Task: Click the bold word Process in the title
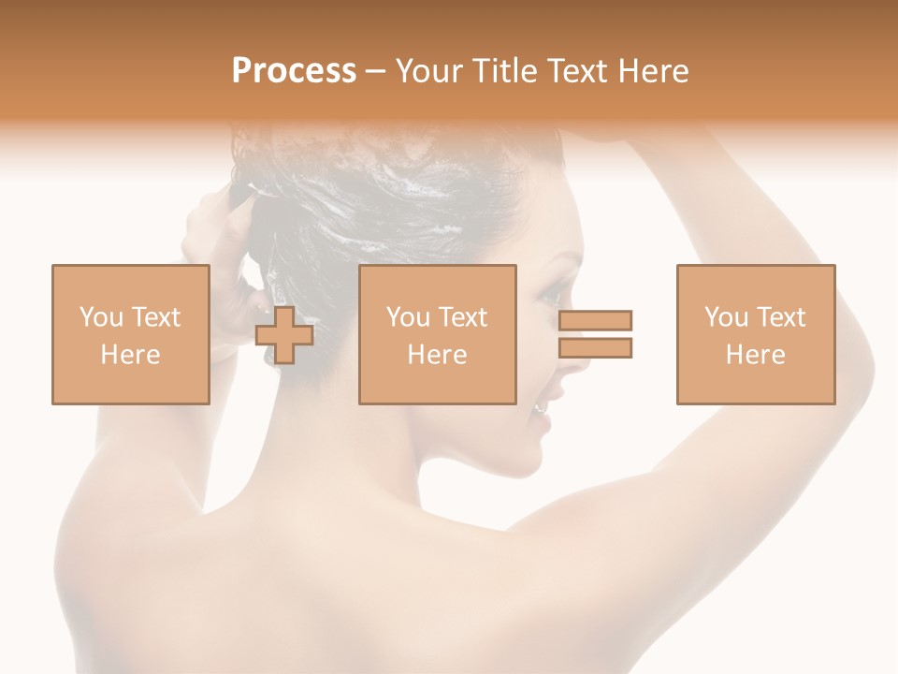294,71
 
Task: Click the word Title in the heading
504,71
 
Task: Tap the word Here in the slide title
652,71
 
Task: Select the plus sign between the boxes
284,334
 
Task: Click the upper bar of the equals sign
595,320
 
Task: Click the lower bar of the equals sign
595,348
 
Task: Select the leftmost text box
131,334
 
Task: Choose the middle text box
437,334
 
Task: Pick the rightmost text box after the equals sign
756,334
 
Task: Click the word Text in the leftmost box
155,317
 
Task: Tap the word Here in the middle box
437,354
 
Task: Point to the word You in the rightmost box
726,317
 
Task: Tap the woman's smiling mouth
541,408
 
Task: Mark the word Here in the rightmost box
756,354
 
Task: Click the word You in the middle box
408,317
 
